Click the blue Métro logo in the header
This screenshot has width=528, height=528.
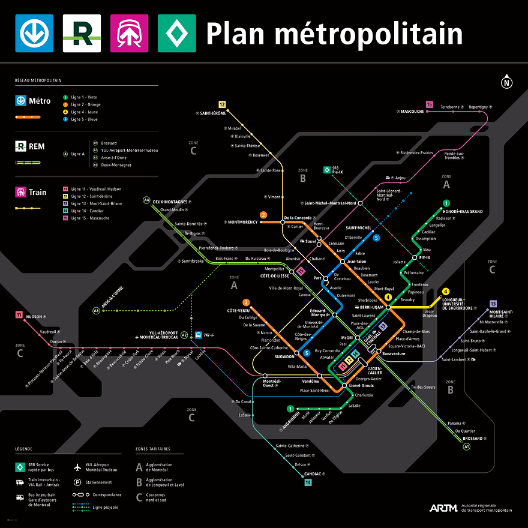34,34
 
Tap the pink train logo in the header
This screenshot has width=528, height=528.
130,34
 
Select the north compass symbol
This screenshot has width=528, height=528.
507,83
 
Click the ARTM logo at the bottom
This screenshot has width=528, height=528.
443,508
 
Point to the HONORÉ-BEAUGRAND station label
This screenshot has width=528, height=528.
463,211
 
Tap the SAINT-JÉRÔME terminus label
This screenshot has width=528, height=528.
212,113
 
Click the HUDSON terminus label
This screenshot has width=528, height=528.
34,316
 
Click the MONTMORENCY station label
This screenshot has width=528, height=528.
242,222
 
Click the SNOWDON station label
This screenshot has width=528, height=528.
285,356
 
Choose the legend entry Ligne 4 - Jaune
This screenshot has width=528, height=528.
85,112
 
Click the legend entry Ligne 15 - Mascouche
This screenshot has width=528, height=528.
92,218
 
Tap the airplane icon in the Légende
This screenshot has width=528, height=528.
77,467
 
